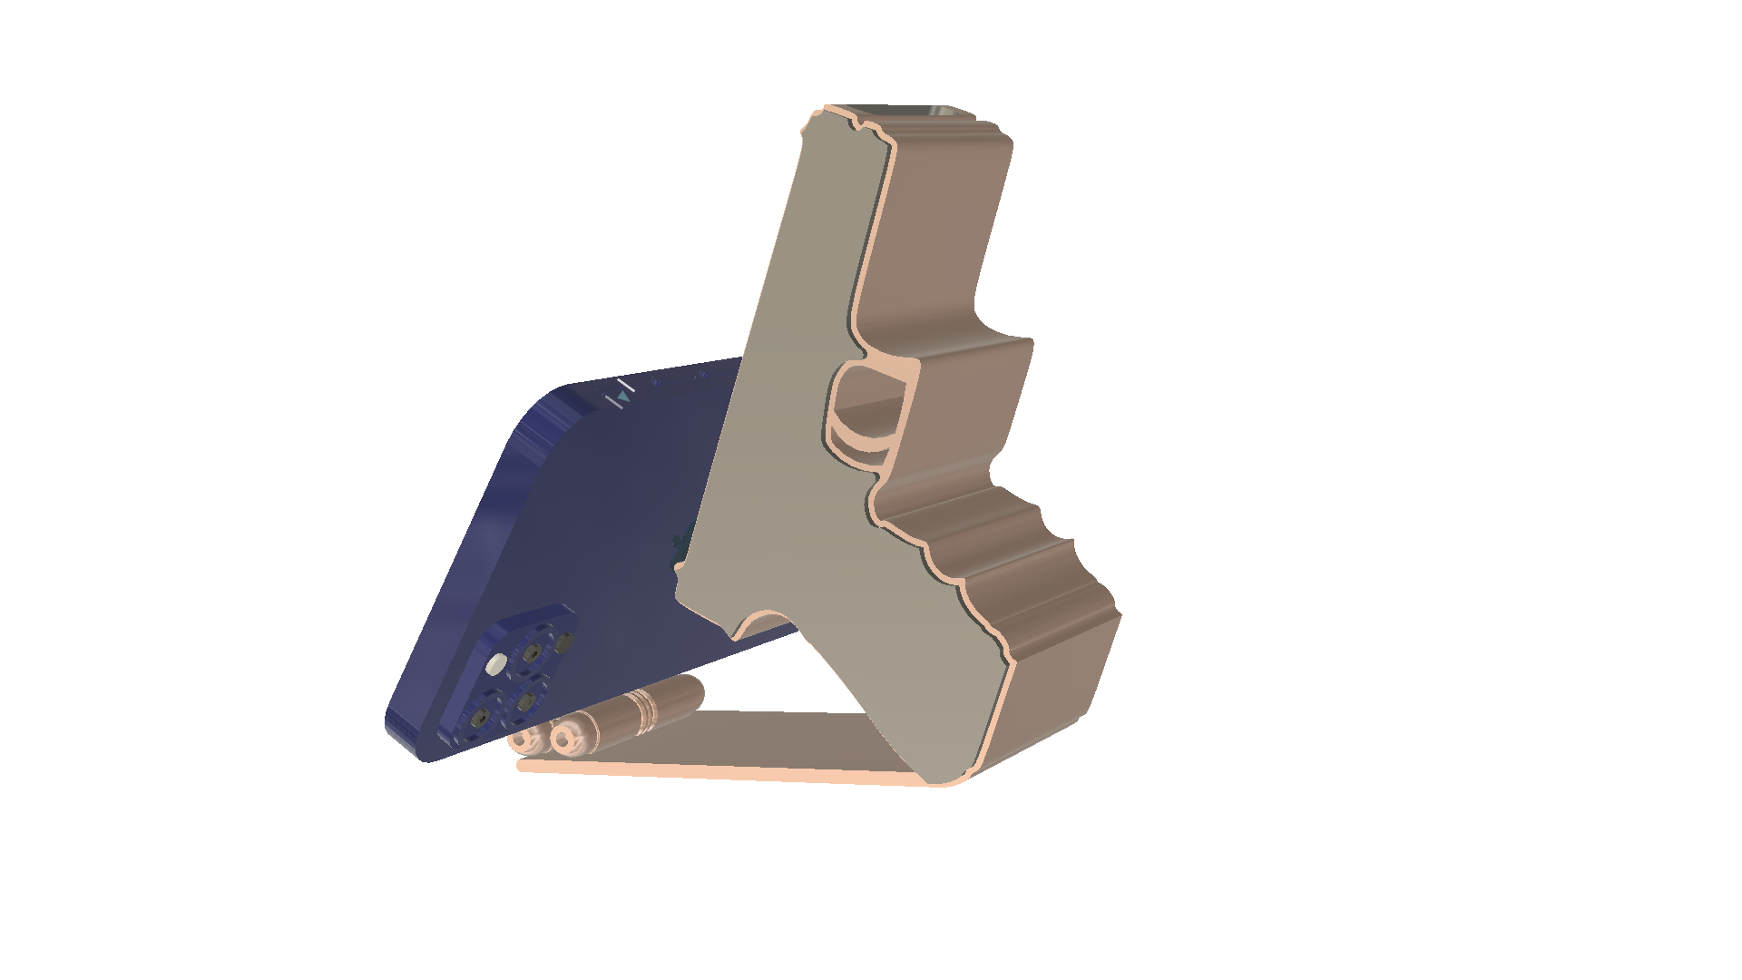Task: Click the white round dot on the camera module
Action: (x=494, y=665)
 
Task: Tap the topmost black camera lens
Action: (x=533, y=652)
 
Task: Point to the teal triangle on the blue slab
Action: (x=623, y=397)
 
